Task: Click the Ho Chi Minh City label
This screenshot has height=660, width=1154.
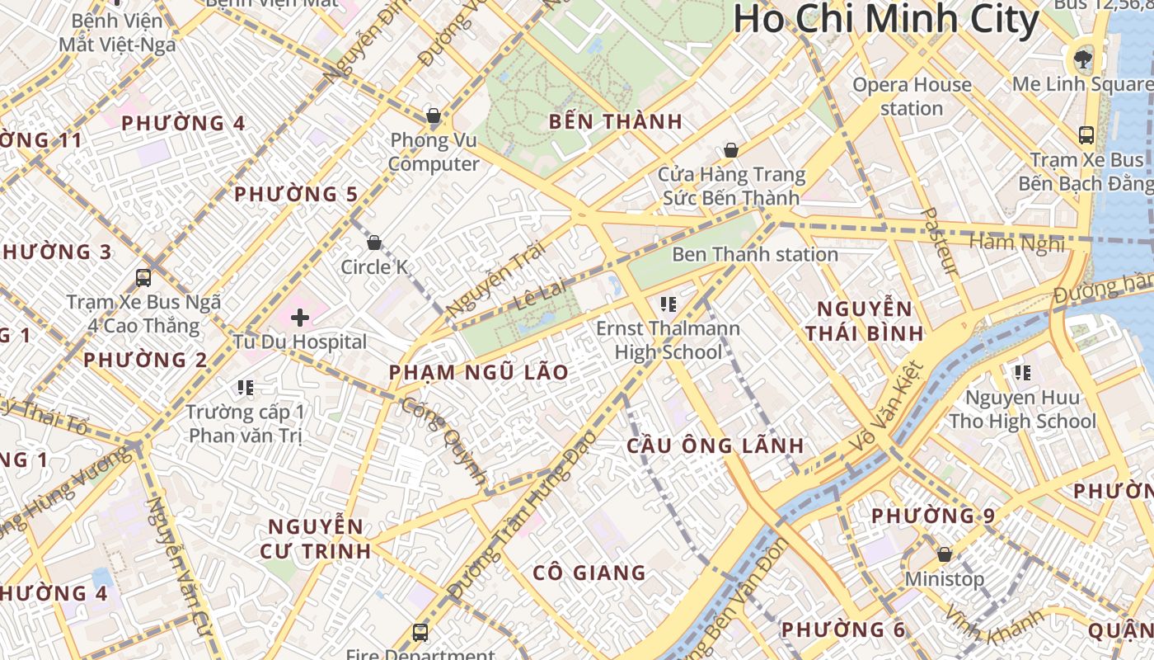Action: click(x=885, y=20)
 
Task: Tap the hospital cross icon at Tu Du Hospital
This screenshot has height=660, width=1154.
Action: click(x=300, y=317)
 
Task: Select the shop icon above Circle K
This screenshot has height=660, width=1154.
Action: click(x=374, y=243)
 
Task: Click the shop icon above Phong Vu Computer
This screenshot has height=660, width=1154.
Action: click(x=434, y=115)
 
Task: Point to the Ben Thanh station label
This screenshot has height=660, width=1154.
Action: click(x=755, y=254)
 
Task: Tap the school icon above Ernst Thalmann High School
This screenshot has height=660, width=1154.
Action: click(x=668, y=304)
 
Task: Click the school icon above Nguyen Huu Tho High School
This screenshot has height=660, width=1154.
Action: click(x=1023, y=373)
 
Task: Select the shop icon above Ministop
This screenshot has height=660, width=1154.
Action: click(x=945, y=554)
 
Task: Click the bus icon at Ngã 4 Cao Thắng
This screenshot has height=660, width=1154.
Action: click(x=143, y=278)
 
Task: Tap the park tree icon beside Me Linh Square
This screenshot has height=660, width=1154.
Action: click(x=1079, y=59)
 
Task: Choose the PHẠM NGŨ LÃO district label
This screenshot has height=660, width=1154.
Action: click(x=479, y=372)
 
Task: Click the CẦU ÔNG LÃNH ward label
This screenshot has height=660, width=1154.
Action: click(x=715, y=445)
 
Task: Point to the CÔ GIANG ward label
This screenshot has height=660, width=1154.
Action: click(x=589, y=572)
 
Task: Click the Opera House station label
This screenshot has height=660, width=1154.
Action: click(x=912, y=96)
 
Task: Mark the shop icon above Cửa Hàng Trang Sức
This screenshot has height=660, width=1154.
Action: click(x=730, y=150)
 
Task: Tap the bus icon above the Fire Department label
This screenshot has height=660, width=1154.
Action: click(x=420, y=633)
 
